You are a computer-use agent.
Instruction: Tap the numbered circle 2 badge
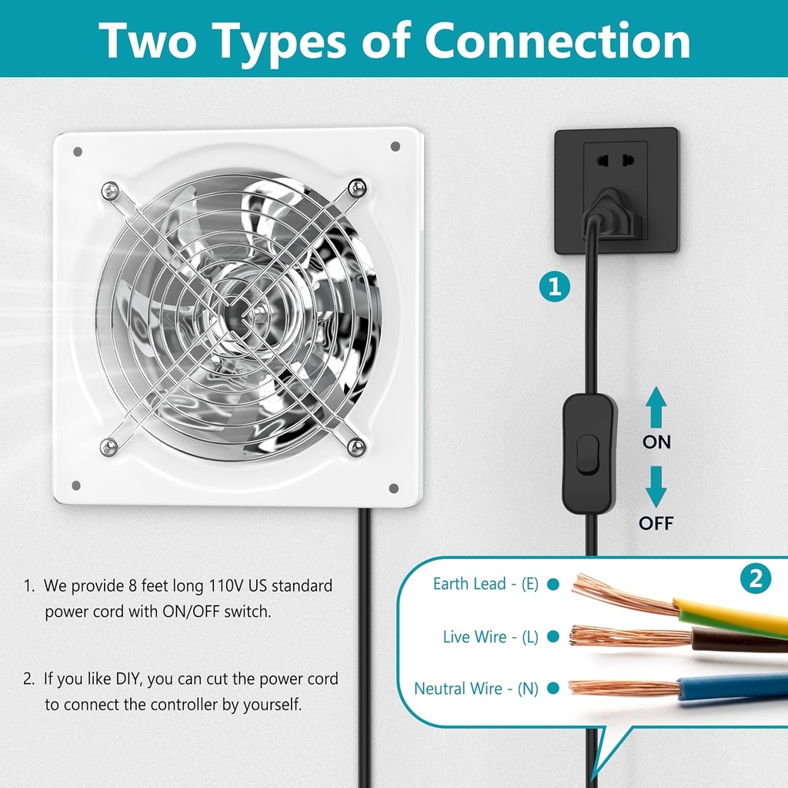pos(755,579)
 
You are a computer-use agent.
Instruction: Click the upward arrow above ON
pos(656,408)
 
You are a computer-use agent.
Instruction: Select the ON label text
pos(656,442)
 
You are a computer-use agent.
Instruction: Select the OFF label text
pos(656,524)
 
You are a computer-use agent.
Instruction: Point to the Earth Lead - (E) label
pos(486,584)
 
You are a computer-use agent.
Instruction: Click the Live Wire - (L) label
pos(490,636)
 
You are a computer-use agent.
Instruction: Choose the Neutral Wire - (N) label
pos(476,689)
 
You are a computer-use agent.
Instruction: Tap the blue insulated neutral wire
pos(731,685)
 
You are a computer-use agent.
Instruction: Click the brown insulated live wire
pos(739,639)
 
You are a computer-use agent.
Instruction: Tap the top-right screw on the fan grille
pos(356,187)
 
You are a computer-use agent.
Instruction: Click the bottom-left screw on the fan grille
pos(109,446)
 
